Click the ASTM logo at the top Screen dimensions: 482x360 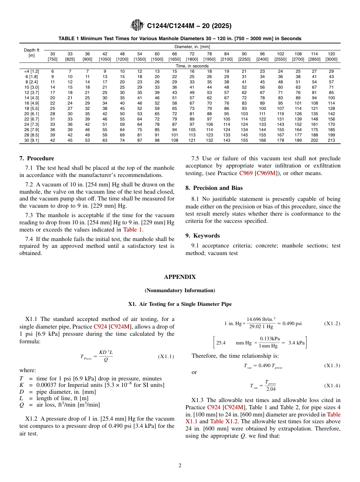[137, 25]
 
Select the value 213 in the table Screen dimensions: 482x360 [331, 140]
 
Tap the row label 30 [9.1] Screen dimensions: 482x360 [31, 140]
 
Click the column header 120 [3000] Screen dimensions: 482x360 [331, 56]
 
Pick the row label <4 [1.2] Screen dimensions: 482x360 [31, 71]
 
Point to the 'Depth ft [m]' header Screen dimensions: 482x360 [31, 53]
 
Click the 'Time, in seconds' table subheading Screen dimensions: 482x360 [192, 66]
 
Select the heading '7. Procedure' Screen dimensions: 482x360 [37, 158]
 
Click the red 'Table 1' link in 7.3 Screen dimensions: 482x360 [133, 229]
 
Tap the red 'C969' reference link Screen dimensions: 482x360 [246, 173]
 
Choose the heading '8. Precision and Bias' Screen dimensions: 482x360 [214, 188]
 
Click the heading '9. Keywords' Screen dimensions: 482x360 [202, 235]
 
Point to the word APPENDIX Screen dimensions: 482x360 [180, 277]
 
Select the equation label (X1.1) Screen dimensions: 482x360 [166, 357]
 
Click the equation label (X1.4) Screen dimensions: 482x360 [332, 386]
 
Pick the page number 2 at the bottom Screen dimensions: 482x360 [180, 466]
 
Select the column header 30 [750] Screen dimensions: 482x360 [53, 56]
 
